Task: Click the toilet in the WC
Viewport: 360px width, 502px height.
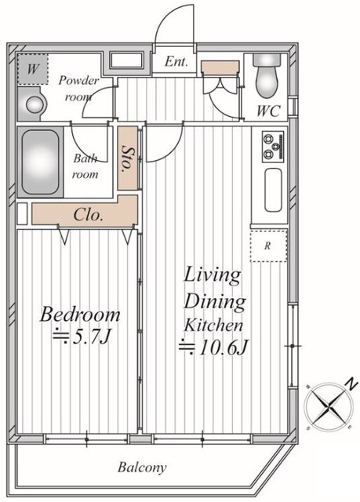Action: click(x=267, y=76)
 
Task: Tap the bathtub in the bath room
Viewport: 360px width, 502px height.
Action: click(x=40, y=162)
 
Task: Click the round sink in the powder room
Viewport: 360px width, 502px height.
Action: click(x=34, y=104)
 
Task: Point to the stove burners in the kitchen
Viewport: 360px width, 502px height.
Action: click(x=273, y=147)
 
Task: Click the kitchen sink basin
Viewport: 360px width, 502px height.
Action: click(x=273, y=190)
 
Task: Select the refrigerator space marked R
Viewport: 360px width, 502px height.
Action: click(x=268, y=246)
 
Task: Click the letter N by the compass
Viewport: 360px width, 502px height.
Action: click(x=351, y=384)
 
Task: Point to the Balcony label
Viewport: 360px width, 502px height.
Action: click(x=142, y=467)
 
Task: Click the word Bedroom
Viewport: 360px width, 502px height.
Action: click(x=80, y=315)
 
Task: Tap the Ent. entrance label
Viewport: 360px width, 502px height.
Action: click(x=176, y=61)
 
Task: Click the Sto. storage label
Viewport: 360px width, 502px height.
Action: click(x=128, y=159)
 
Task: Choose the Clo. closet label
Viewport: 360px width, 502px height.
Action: click(x=89, y=214)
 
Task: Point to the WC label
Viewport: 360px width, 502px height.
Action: click(x=269, y=111)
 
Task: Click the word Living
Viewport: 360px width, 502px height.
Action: click(x=213, y=276)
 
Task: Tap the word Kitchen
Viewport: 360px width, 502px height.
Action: click(x=213, y=326)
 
